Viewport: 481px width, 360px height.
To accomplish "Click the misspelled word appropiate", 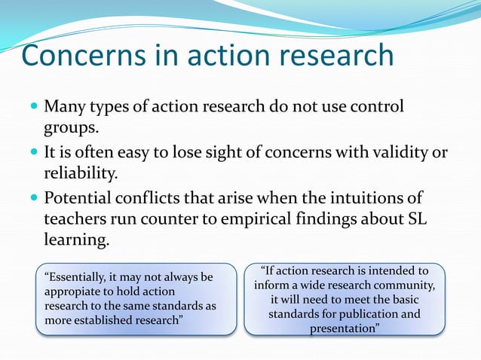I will (74, 291).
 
